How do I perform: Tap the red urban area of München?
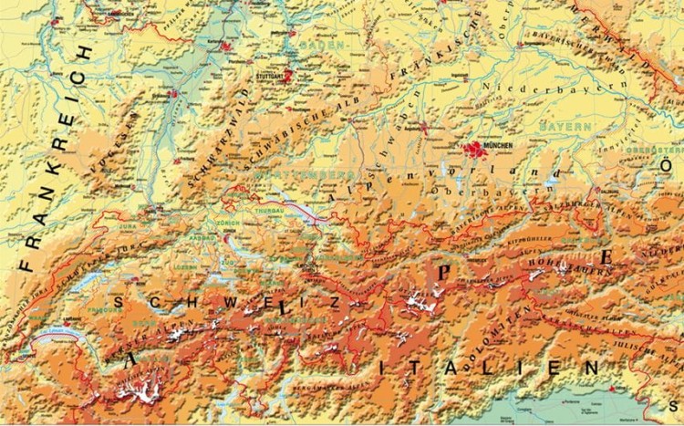tap(475, 147)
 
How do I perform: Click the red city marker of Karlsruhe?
tap(219, 43)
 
